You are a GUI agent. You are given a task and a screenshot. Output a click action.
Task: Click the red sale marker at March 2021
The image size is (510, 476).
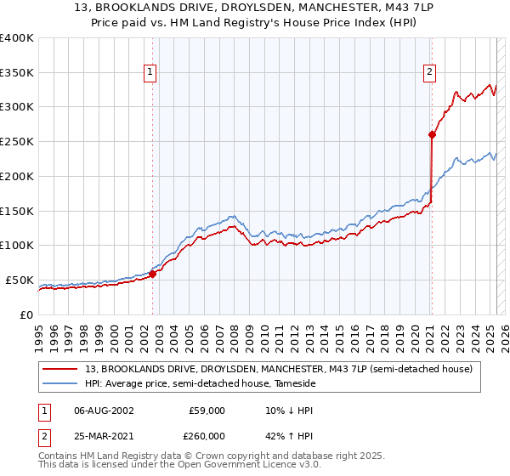pyautogui.click(x=432, y=133)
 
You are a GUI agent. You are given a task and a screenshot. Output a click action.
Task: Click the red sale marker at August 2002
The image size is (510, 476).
pyautogui.click(x=153, y=274)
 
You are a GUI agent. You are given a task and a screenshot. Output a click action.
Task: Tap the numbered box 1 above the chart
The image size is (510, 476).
pyautogui.click(x=150, y=73)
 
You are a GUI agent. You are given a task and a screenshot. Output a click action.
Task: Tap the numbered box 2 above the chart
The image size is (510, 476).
pyautogui.click(x=430, y=73)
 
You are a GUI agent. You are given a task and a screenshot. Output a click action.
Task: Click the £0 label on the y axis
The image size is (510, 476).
pyautogui.click(x=27, y=314)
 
